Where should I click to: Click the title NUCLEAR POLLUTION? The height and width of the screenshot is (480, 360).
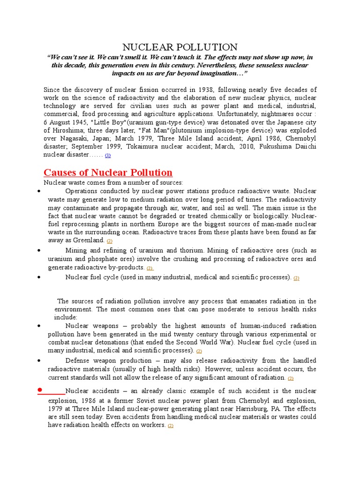point(180,47)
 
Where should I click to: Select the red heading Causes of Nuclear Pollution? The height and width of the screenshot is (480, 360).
point(108,172)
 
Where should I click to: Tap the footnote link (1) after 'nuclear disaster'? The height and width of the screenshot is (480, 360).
point(108,155)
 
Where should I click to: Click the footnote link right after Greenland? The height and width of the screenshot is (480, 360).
point(109,241)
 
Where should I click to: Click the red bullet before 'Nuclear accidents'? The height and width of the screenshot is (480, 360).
point(41,390)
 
